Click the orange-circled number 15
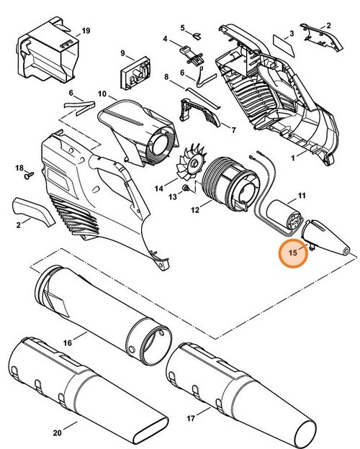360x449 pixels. (293, 253)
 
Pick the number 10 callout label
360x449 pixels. (102, 94)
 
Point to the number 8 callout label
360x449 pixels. (166, 76)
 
